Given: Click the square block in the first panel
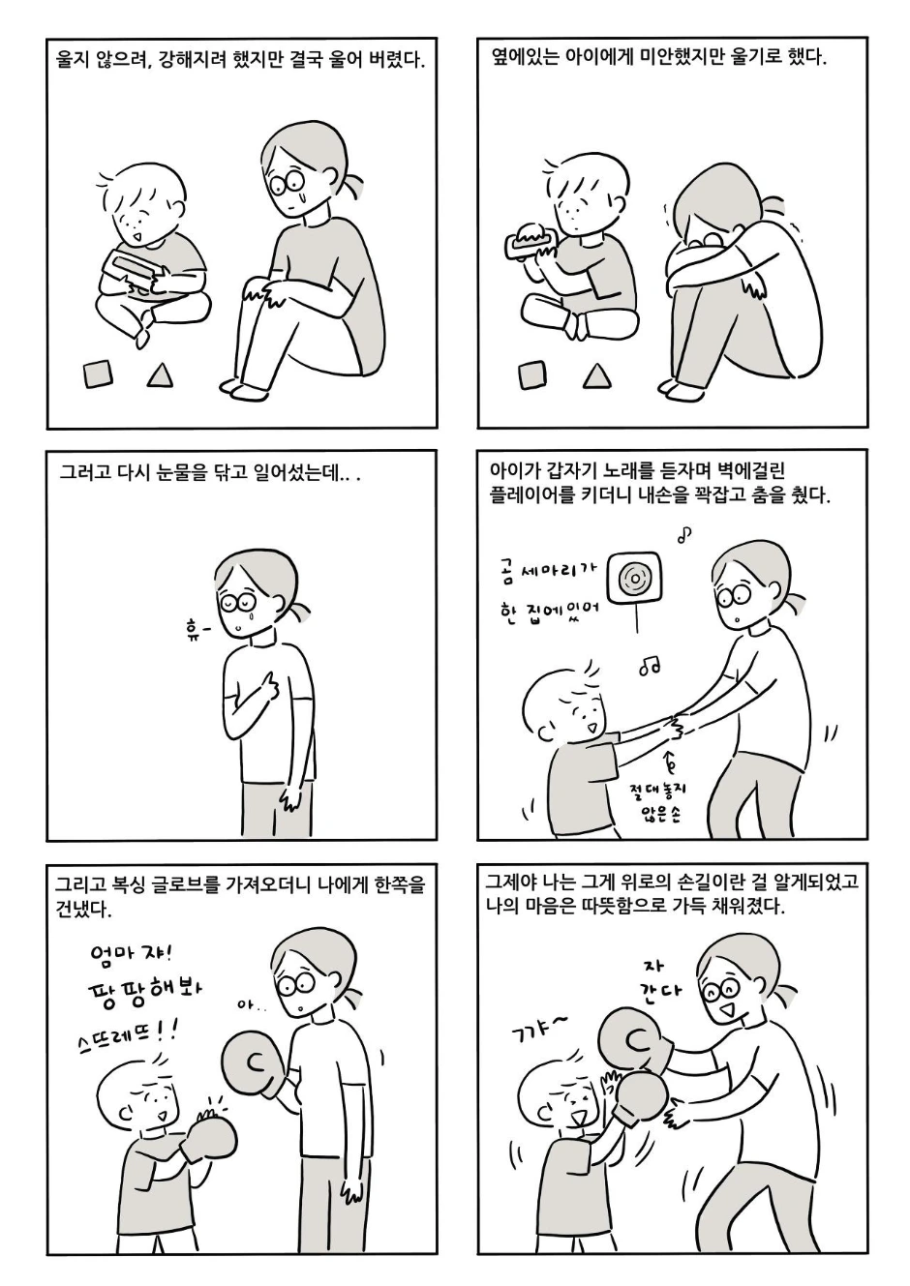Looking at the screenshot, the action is tap(97, 374).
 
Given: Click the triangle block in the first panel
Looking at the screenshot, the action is tap(160, 376).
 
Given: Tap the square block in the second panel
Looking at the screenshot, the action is tap(532, 374).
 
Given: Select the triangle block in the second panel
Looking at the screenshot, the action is tap(596, 376).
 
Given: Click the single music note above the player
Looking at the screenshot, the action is tap(684, 534).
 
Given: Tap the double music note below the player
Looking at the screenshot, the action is tap(650, 666).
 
